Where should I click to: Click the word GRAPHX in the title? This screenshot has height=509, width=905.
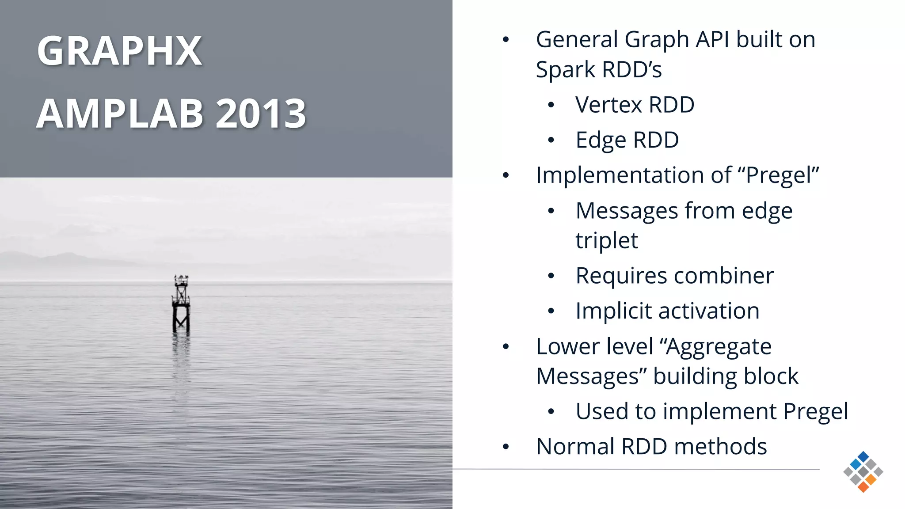pos(119,51)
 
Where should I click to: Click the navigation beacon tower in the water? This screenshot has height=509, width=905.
pos(181,305)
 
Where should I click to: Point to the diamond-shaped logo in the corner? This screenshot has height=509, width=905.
pos(863,472)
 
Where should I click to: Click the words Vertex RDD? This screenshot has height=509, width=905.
pos(635,105)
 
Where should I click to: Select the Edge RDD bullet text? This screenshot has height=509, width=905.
pos(627,141)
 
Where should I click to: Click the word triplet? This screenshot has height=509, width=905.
pos(607,241)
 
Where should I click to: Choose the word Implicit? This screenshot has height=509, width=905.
pos(613,311)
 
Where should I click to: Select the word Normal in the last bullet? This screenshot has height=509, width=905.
pos(575,447)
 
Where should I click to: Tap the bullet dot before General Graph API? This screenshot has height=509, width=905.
pos(506,40)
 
